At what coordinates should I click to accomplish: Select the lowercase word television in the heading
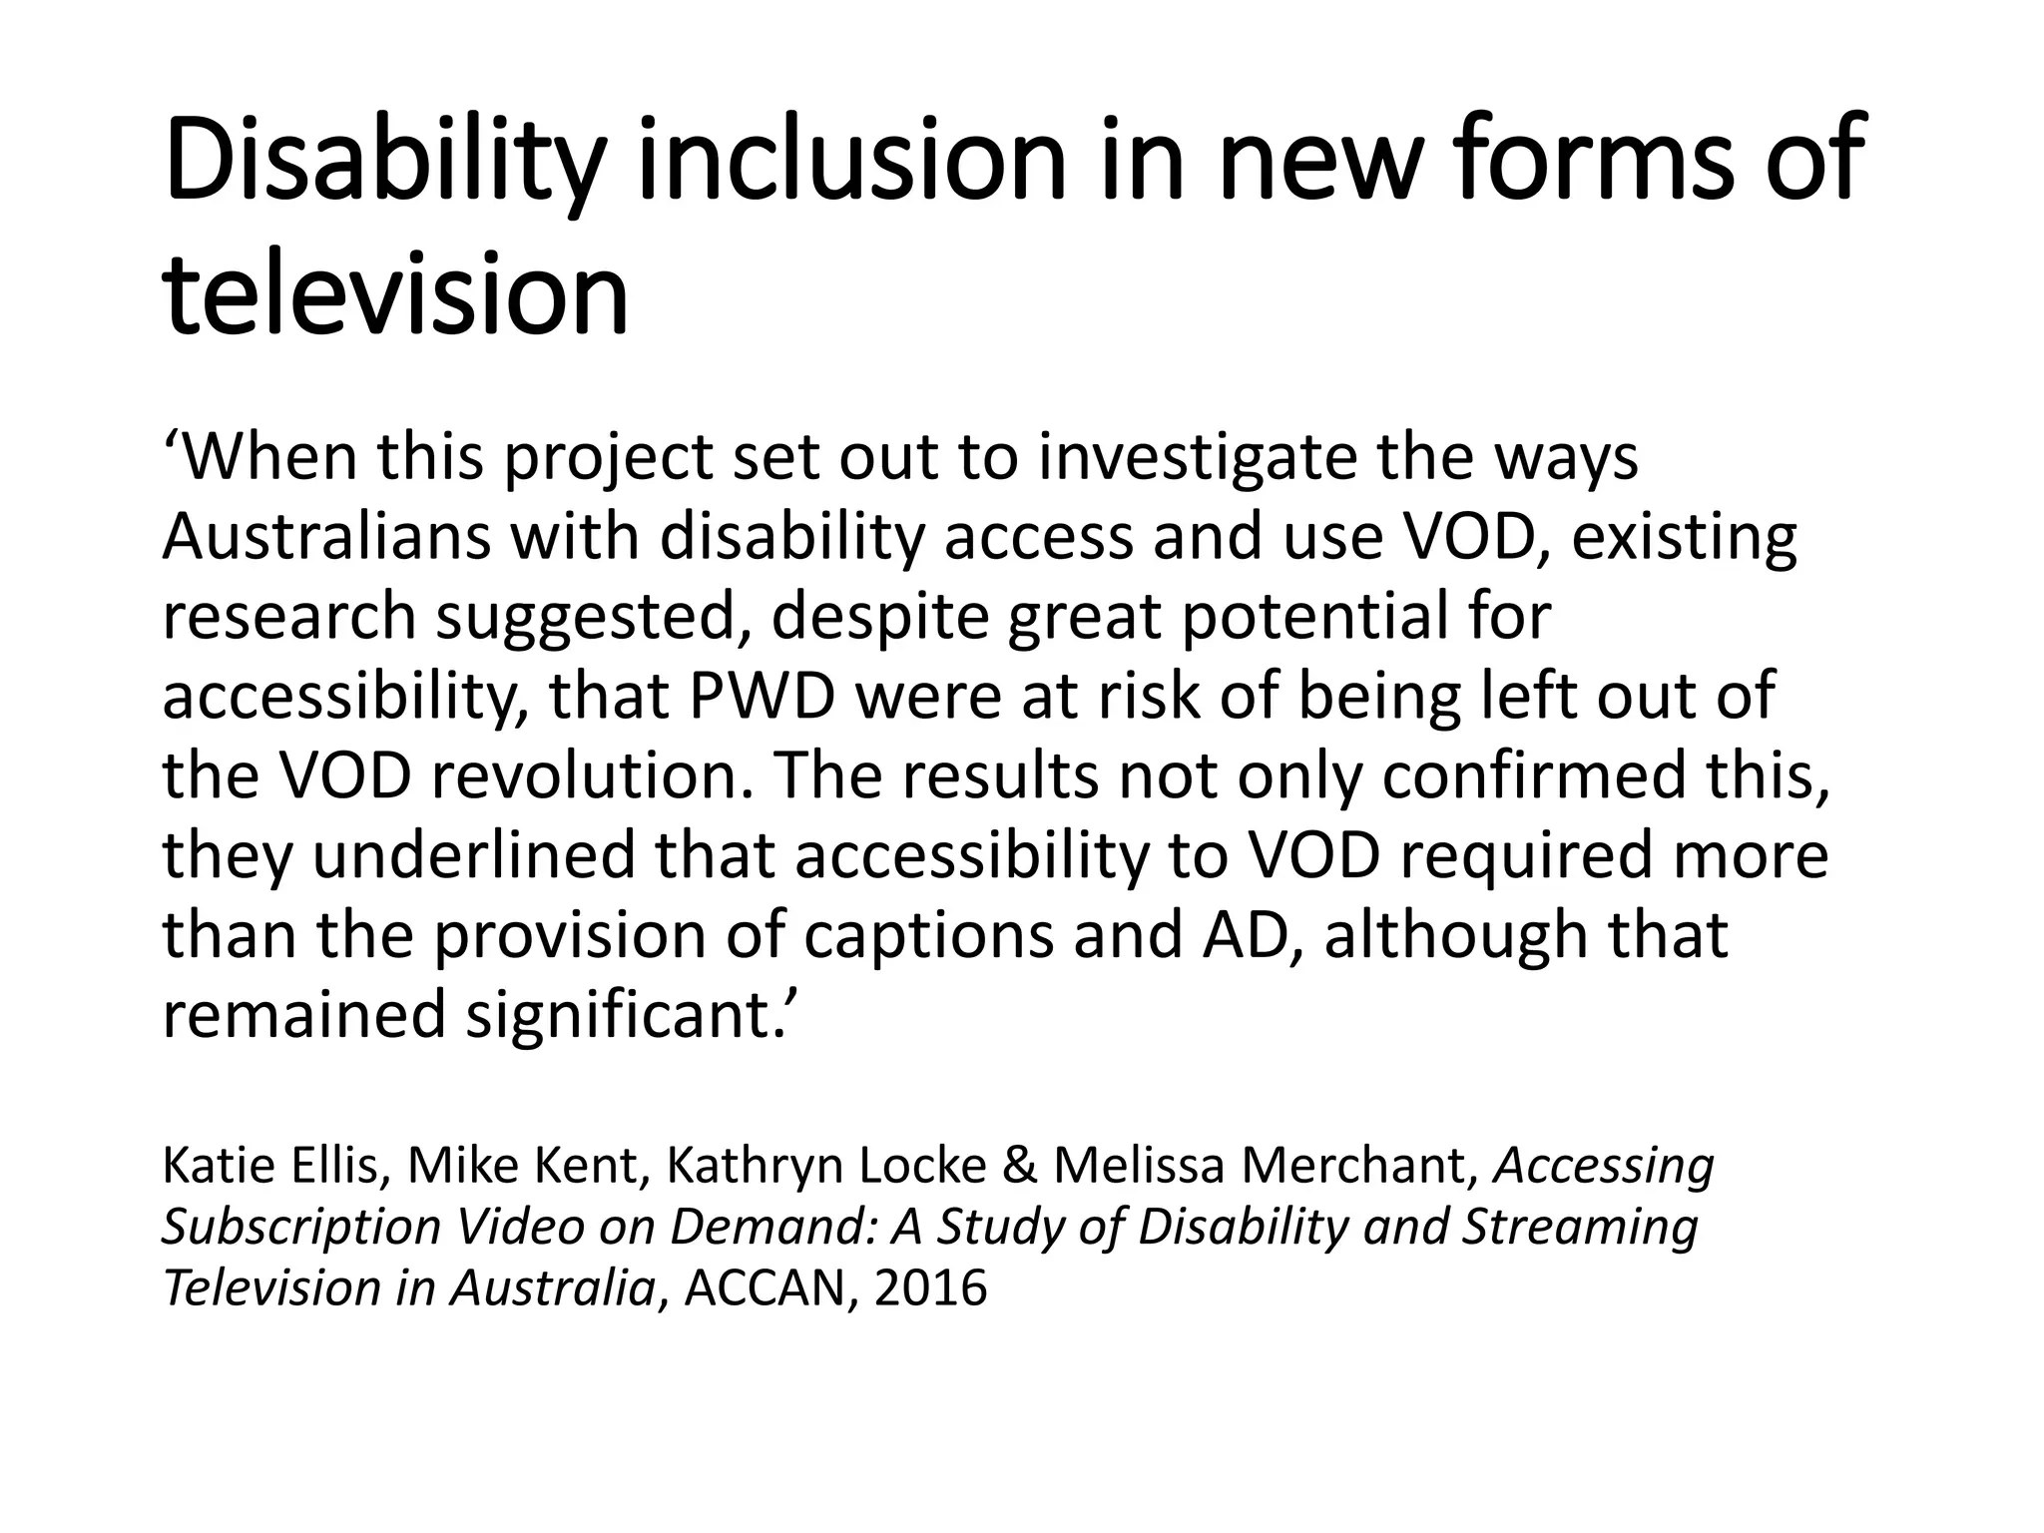point(395,295)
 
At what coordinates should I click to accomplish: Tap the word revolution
point(589,775)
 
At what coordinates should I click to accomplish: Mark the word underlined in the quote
point(473,855)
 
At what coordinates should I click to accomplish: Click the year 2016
point(930,1288)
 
